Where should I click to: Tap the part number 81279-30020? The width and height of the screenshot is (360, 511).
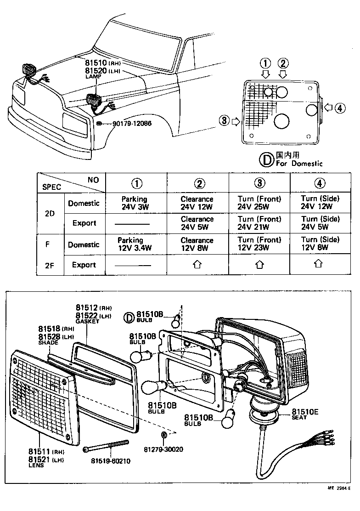coord(163,449)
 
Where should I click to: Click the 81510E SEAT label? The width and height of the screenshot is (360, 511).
coord(305,412)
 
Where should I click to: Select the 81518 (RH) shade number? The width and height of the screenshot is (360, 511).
coord(50,329)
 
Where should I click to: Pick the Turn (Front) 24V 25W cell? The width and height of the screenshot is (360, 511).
coord(259,203)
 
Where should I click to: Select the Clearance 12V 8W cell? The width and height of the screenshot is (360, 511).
coord(197,244)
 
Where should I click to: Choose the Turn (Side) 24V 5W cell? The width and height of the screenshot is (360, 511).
coord(320,223)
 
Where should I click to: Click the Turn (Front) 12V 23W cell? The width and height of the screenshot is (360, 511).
coord(259,244)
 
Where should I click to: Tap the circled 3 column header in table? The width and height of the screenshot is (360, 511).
coord(259,183)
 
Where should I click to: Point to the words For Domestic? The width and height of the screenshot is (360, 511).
coord(299,163)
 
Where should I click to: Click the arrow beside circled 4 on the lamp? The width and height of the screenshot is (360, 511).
coord(328,108)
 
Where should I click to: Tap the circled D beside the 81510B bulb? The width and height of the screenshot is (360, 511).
coord(129,316)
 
